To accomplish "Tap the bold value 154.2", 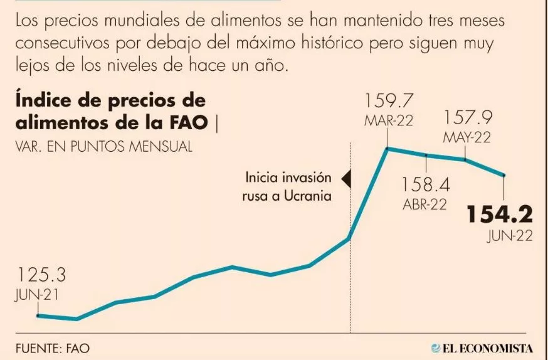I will pyautogui.click(x=498, y=215).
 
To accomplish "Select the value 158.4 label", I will pyautogui.click(x=426, y=184).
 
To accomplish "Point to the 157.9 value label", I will pyautogui.click(x=467, y=117).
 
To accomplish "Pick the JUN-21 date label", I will pyautogui.click(x=36, y=295).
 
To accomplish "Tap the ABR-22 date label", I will pyautogui.click(x=424, y=205).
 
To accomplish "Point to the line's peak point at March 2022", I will pyautogui.click(x=387, y=149).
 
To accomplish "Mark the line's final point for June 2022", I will pyautogui.click(x=505, y=176).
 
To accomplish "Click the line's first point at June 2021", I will pyautogui.click(x=38, y=315).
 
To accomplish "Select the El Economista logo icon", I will pyautogui.click(x=436, y=347).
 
